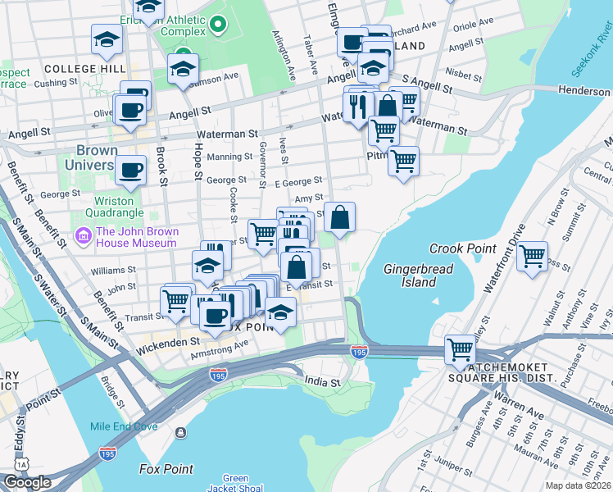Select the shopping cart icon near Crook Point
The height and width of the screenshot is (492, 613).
pyautogui.click(x=533, y=257)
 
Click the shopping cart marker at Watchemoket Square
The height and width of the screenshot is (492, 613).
pyautogui.click(x=460, y=350)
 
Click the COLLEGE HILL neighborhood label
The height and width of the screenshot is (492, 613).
pyautogui.click(x=75, y=68)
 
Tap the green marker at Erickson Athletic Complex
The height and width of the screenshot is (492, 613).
pyautogui.click(x=217, y=25)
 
